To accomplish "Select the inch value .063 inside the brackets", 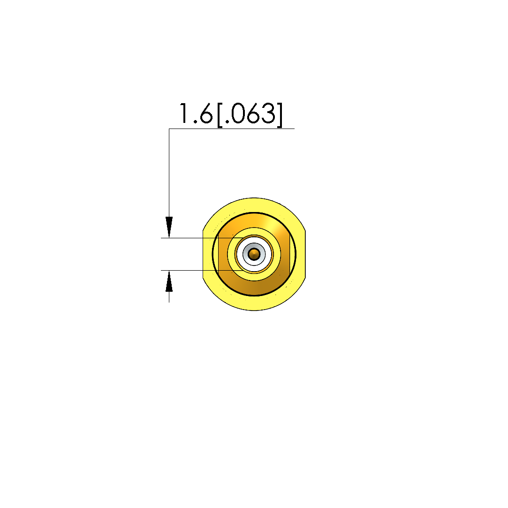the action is coord(250,114).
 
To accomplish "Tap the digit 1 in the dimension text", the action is coord(184,114).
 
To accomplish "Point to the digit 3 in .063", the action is coord(268,114).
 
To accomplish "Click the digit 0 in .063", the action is coord(238,114).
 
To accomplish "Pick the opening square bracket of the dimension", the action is coord(220,115).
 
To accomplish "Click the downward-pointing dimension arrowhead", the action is coord(169,227).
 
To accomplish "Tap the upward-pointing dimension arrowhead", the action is coord(169,281).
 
